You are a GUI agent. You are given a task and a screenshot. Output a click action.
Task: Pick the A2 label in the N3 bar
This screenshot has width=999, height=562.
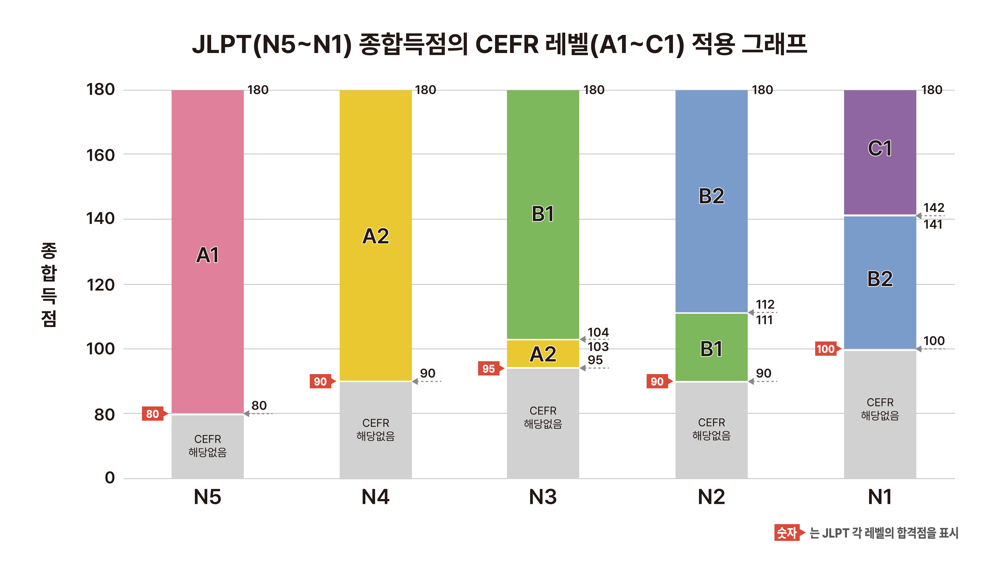coord(543,354)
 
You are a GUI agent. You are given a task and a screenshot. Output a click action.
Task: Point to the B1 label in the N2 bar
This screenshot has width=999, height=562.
coord(711,349)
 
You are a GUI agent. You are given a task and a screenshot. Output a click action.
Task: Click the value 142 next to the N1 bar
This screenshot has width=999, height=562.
coord(933,208)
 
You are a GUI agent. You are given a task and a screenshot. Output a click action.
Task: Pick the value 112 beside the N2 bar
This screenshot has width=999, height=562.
coord(765,304)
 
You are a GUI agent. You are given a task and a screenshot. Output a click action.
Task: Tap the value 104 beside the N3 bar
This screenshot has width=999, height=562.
coord(598,332)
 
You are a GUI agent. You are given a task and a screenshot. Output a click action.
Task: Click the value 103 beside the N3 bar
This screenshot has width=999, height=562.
coord(598,347)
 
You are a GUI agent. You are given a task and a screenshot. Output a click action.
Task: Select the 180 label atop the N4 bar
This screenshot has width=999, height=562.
coord(425,90)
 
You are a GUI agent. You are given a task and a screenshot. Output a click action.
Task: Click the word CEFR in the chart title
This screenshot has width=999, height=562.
coord(507,44)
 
